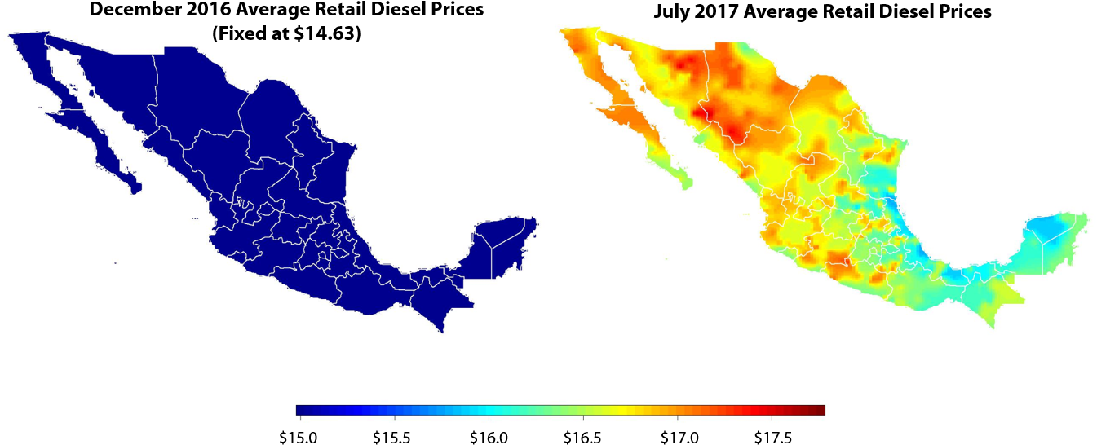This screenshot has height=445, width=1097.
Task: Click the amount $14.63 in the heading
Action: (325, 34)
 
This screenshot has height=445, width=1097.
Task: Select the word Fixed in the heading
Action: (242, 34)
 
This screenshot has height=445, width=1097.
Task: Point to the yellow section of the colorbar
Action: (624, 410)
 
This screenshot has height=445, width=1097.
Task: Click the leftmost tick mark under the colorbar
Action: (300, 418)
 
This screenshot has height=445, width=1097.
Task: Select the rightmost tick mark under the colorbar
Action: (772, 418)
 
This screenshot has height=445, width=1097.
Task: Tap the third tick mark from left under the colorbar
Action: (489, 418)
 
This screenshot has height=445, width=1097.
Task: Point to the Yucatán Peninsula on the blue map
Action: (506, 245)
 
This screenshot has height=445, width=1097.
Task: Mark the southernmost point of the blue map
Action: (442, 332)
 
